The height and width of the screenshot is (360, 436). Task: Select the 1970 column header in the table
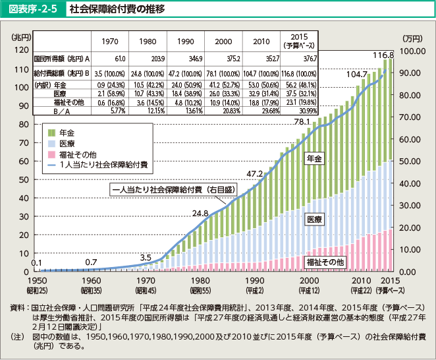pyautogui.click(x=110, y=42)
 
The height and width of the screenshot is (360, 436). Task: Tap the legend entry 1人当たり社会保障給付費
pyautogui.click(x=102, y=164)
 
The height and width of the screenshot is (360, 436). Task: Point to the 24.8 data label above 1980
pyautogui.click(x=200, y=213)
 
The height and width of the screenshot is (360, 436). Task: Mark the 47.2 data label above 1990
pyautogui.click(x=254, y=173)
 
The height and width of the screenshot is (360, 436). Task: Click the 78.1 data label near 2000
pyautogui.click(x=301, y=121)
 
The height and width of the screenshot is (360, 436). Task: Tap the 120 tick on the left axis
pyautogui.click(x=21, y=50)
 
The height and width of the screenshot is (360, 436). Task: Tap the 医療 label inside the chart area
pyautogui.click(x=315, y=218)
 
